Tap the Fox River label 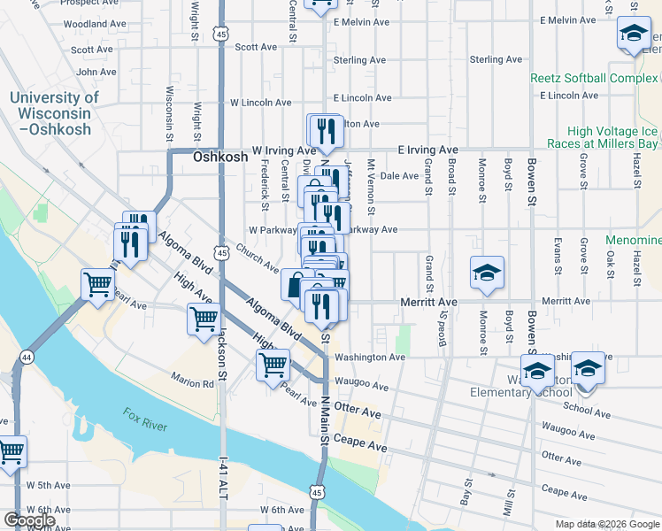(x=146, y=419)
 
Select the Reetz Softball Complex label (x=594, y=78)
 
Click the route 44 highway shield (x=27, y=357)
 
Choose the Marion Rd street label (x=194, y=384)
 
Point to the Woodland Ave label (x=96, y=23)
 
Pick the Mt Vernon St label (x=372, y=182)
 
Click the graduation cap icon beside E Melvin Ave (x=634, y=35)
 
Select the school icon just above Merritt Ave (x=487, y=273)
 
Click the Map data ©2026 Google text (x=608, y=524)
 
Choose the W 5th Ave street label (x=48, y=485)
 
